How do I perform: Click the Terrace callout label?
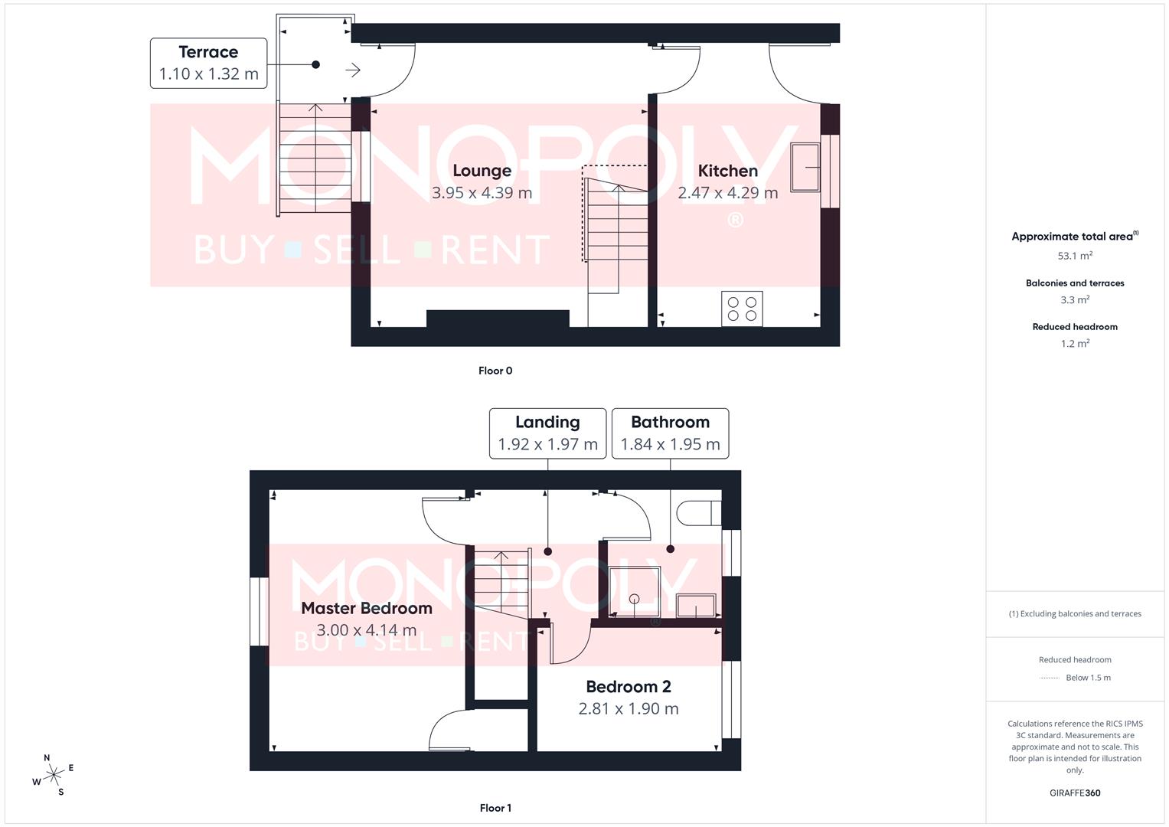[x=208, y=63]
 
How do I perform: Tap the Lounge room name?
[x=482, y=171]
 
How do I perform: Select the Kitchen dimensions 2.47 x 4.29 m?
[x=727, y=193]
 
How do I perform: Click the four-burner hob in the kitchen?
[x=742, y=309]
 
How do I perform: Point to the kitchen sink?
[x=805, y=167]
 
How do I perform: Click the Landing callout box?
[x=547, y=433]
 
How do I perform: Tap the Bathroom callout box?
[x=670, y=433]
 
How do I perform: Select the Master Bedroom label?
[x=367, y=608]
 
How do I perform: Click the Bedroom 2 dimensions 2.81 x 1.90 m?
[x=629, y=708]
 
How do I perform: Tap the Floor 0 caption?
[x=495, y=371]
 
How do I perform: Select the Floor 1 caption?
[x=495, y=808]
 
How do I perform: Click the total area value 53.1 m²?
[x=1075, y=256]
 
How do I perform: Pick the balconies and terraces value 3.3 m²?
[x=1075, y=300]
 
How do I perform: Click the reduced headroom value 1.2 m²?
[x=1075, y=344]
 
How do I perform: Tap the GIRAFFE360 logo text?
[x=1075, y=793]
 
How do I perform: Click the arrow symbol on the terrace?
[x=353, y=70]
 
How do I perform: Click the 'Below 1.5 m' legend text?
[x=1088, y=678]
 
